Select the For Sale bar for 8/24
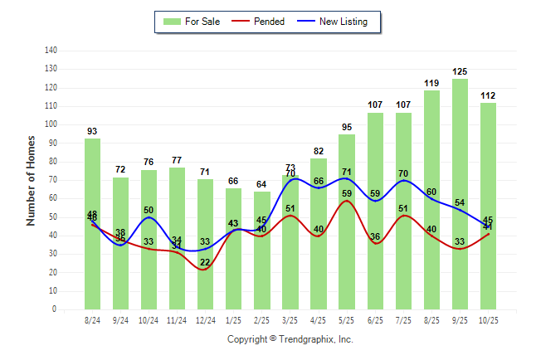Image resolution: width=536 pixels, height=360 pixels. pyautogui.click(x=92, y=224)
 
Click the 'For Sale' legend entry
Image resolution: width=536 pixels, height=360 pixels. pyautogui.click(x=192, y=22)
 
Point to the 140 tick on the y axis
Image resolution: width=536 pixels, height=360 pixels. pyautogui.click(x=51, y=50)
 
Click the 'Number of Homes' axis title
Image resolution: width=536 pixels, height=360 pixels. pyautogui.click(x=32, y=180)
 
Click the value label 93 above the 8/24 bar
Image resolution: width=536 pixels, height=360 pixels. pyautogui.click(x=92, y=131)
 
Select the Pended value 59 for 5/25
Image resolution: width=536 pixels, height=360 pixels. pyautogui.click(x=347, y=193)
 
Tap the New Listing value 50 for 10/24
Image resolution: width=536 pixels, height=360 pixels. pyautogui.click(x=149, y=210)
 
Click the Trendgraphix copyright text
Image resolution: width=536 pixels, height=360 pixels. pyautogui.click(x=290, y=339)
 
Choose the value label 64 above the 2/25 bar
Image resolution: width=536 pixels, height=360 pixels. pyautogui.click(x=262, y=184)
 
